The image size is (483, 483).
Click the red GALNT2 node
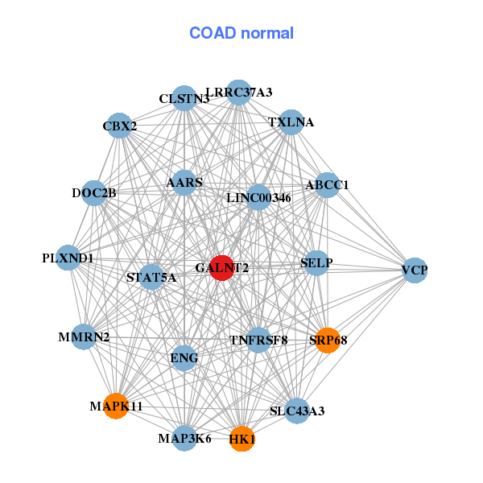pyautogui.click(x=221, y=268)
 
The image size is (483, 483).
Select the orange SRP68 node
pyautogui.click(x=328, y=340)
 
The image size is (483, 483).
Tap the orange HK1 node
pyautogui.click(x=242, y=440)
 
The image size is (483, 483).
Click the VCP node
pyautogui.click(x=415, y=270)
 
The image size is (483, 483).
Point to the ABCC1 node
pyautogui.click(x=327, y=185)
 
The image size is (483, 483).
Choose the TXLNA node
pyautogui.click(x=291, y=122)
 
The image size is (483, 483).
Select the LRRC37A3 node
pyautogui.click(x=238, y=93)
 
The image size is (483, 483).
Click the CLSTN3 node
pyautogui.click(x=184, y=99)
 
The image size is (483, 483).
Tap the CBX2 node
pyautogui.click(x=119, y=126)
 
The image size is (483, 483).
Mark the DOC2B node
pyautogui.click(x=94, y=192)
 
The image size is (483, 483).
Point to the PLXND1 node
pyautogui.click(x=68, y=258)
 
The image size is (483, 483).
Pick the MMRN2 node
pyautogui.click(x=84, y=336)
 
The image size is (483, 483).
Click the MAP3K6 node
pyautogui.click(x=184, y=439)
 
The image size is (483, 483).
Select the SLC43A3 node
pyautogui.click(x=297, y=411)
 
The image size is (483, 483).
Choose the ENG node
pyautogui.click(x=184, y=358)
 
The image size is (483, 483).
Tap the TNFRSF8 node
pyautogui.click(x=258, y=340)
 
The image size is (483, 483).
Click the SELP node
pyautogui.click(x=316, y=263)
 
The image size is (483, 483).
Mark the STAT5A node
pyautogui.click(x=151, y=278)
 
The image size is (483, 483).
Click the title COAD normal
pyautogui.click(x=242, y=33)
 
